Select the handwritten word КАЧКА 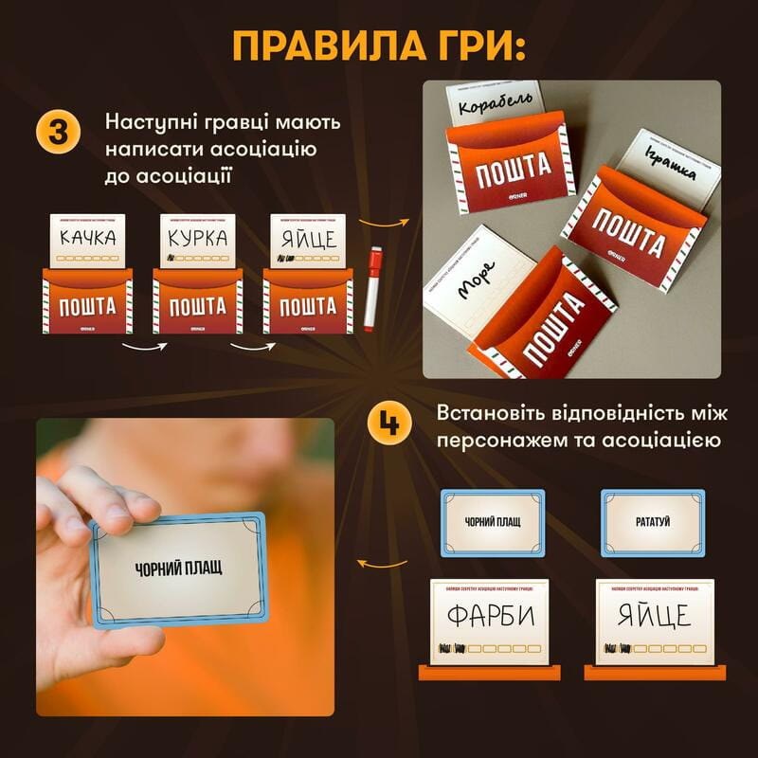coord(87,236)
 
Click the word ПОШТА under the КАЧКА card coord(87,306)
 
